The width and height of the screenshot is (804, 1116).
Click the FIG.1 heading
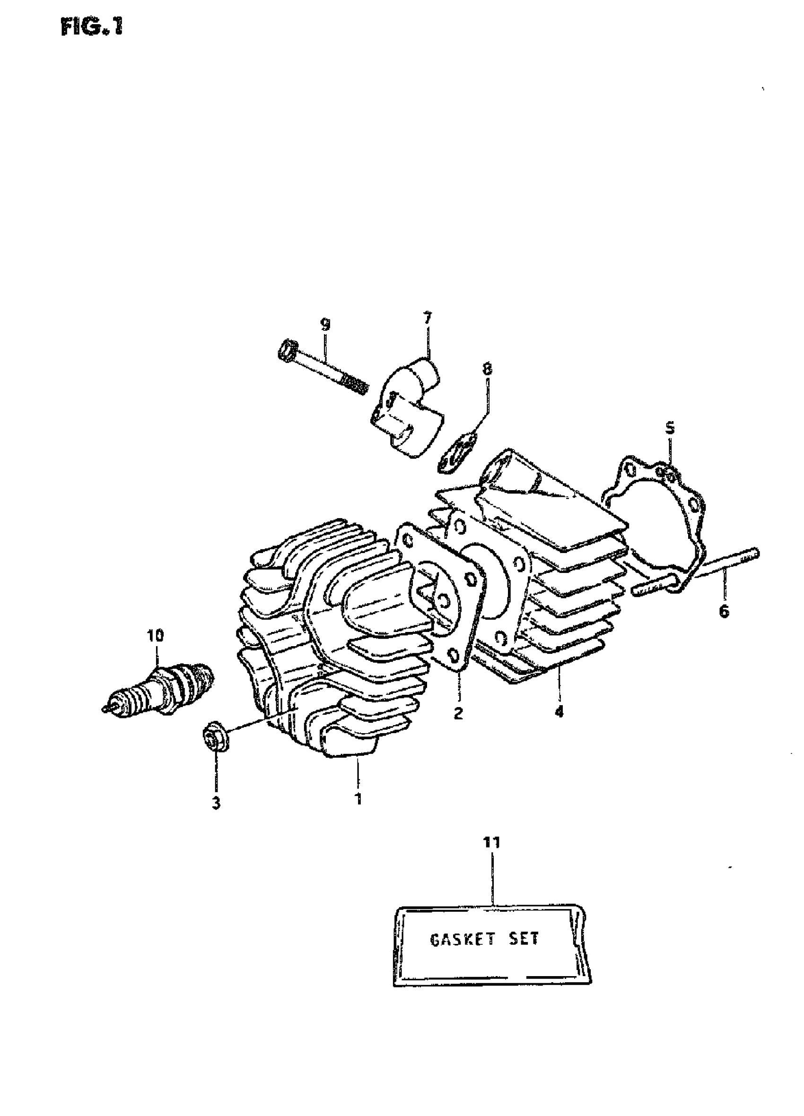point(92,27)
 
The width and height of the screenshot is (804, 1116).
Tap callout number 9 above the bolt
point(325,324)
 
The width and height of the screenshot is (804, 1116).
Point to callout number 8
point(487,369)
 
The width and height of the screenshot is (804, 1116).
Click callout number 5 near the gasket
point(670,428)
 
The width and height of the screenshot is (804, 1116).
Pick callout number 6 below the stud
point(723,611)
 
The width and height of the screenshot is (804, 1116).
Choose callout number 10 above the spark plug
point(155,635)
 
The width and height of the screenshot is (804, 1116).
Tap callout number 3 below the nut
point(216,803)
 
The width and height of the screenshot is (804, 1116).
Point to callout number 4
point(559,711)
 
